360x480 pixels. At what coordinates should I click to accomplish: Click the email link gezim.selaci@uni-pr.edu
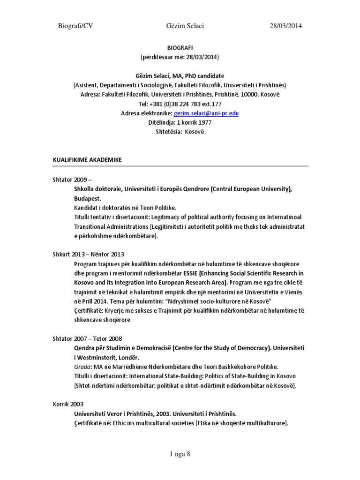tap(200, 113)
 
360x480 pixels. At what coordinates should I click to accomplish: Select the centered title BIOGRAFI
tap(180, 48)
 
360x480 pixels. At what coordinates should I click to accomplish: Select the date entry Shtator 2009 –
tap(73, 180)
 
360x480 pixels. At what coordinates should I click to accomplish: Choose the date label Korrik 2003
tap(68, 404)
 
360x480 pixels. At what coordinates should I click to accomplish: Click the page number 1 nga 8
tap(180, 454)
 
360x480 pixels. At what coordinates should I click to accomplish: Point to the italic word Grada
tap(82, 367)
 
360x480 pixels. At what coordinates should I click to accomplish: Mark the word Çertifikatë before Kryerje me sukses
tap(91, 310)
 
